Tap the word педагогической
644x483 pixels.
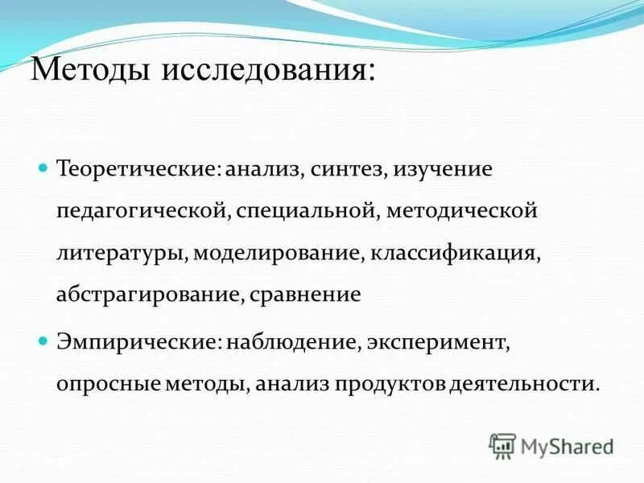point(144,212)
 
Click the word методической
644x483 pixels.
point(461,212)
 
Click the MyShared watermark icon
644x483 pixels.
point(502,444)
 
